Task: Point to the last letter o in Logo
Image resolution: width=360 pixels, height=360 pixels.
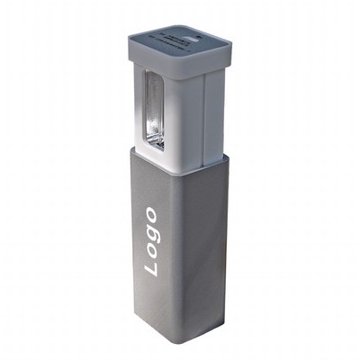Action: (152, 217)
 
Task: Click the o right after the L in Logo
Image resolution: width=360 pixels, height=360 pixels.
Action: (150, 252)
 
